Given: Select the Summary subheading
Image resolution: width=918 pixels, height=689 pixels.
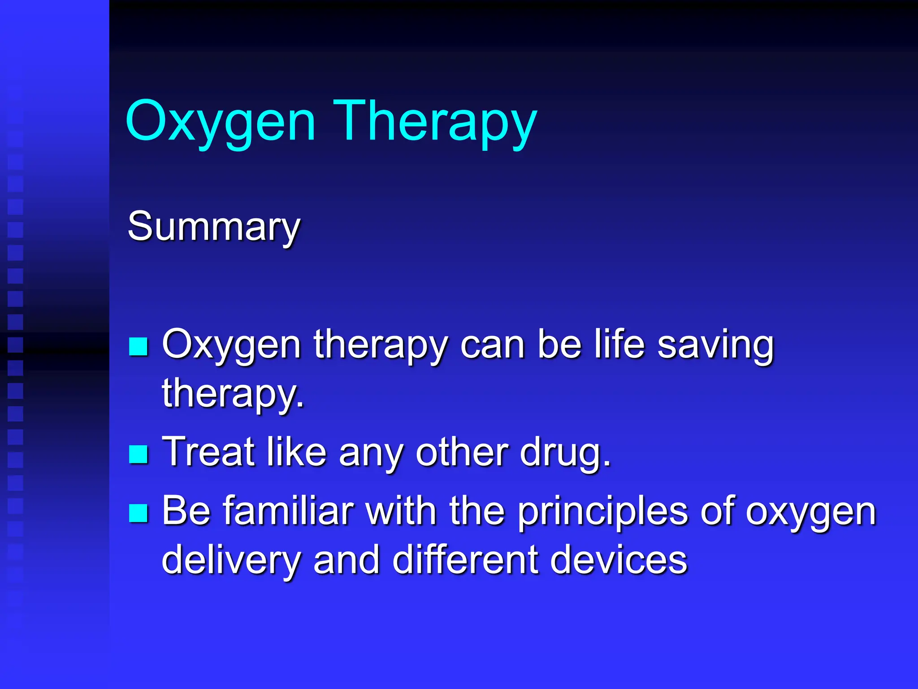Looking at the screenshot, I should click(x=214, y=227).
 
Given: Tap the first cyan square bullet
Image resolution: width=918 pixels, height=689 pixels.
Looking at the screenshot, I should click(x=138, y=346).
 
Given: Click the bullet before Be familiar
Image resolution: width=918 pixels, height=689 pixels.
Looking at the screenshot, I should click(x=138, y=513).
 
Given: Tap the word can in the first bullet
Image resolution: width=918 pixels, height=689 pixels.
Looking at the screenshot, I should click(x=493, y=345).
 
